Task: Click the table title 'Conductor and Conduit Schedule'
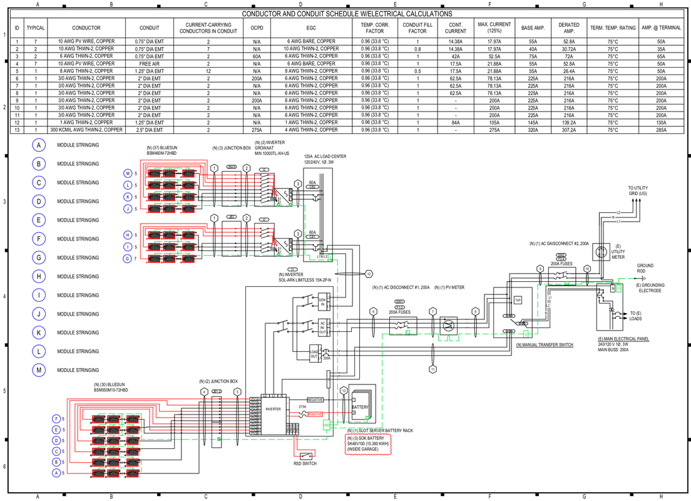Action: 346,14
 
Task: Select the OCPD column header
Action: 257,28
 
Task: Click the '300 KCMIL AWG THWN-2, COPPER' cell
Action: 86,130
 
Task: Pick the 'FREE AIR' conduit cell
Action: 150,63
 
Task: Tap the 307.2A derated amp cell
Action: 569,130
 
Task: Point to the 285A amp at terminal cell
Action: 661,130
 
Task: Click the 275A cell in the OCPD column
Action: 257,130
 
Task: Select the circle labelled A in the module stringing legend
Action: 39,145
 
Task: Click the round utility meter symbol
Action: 601,252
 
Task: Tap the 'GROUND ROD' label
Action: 645,268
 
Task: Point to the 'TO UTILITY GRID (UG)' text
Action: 638,190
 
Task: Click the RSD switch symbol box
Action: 305,455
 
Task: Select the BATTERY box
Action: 360,407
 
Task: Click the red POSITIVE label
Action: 315,415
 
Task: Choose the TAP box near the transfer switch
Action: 518,300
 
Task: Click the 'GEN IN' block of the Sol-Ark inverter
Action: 322,302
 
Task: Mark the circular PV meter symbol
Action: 448,326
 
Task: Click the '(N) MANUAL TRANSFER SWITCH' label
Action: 544,345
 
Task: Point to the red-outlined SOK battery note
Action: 368,444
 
